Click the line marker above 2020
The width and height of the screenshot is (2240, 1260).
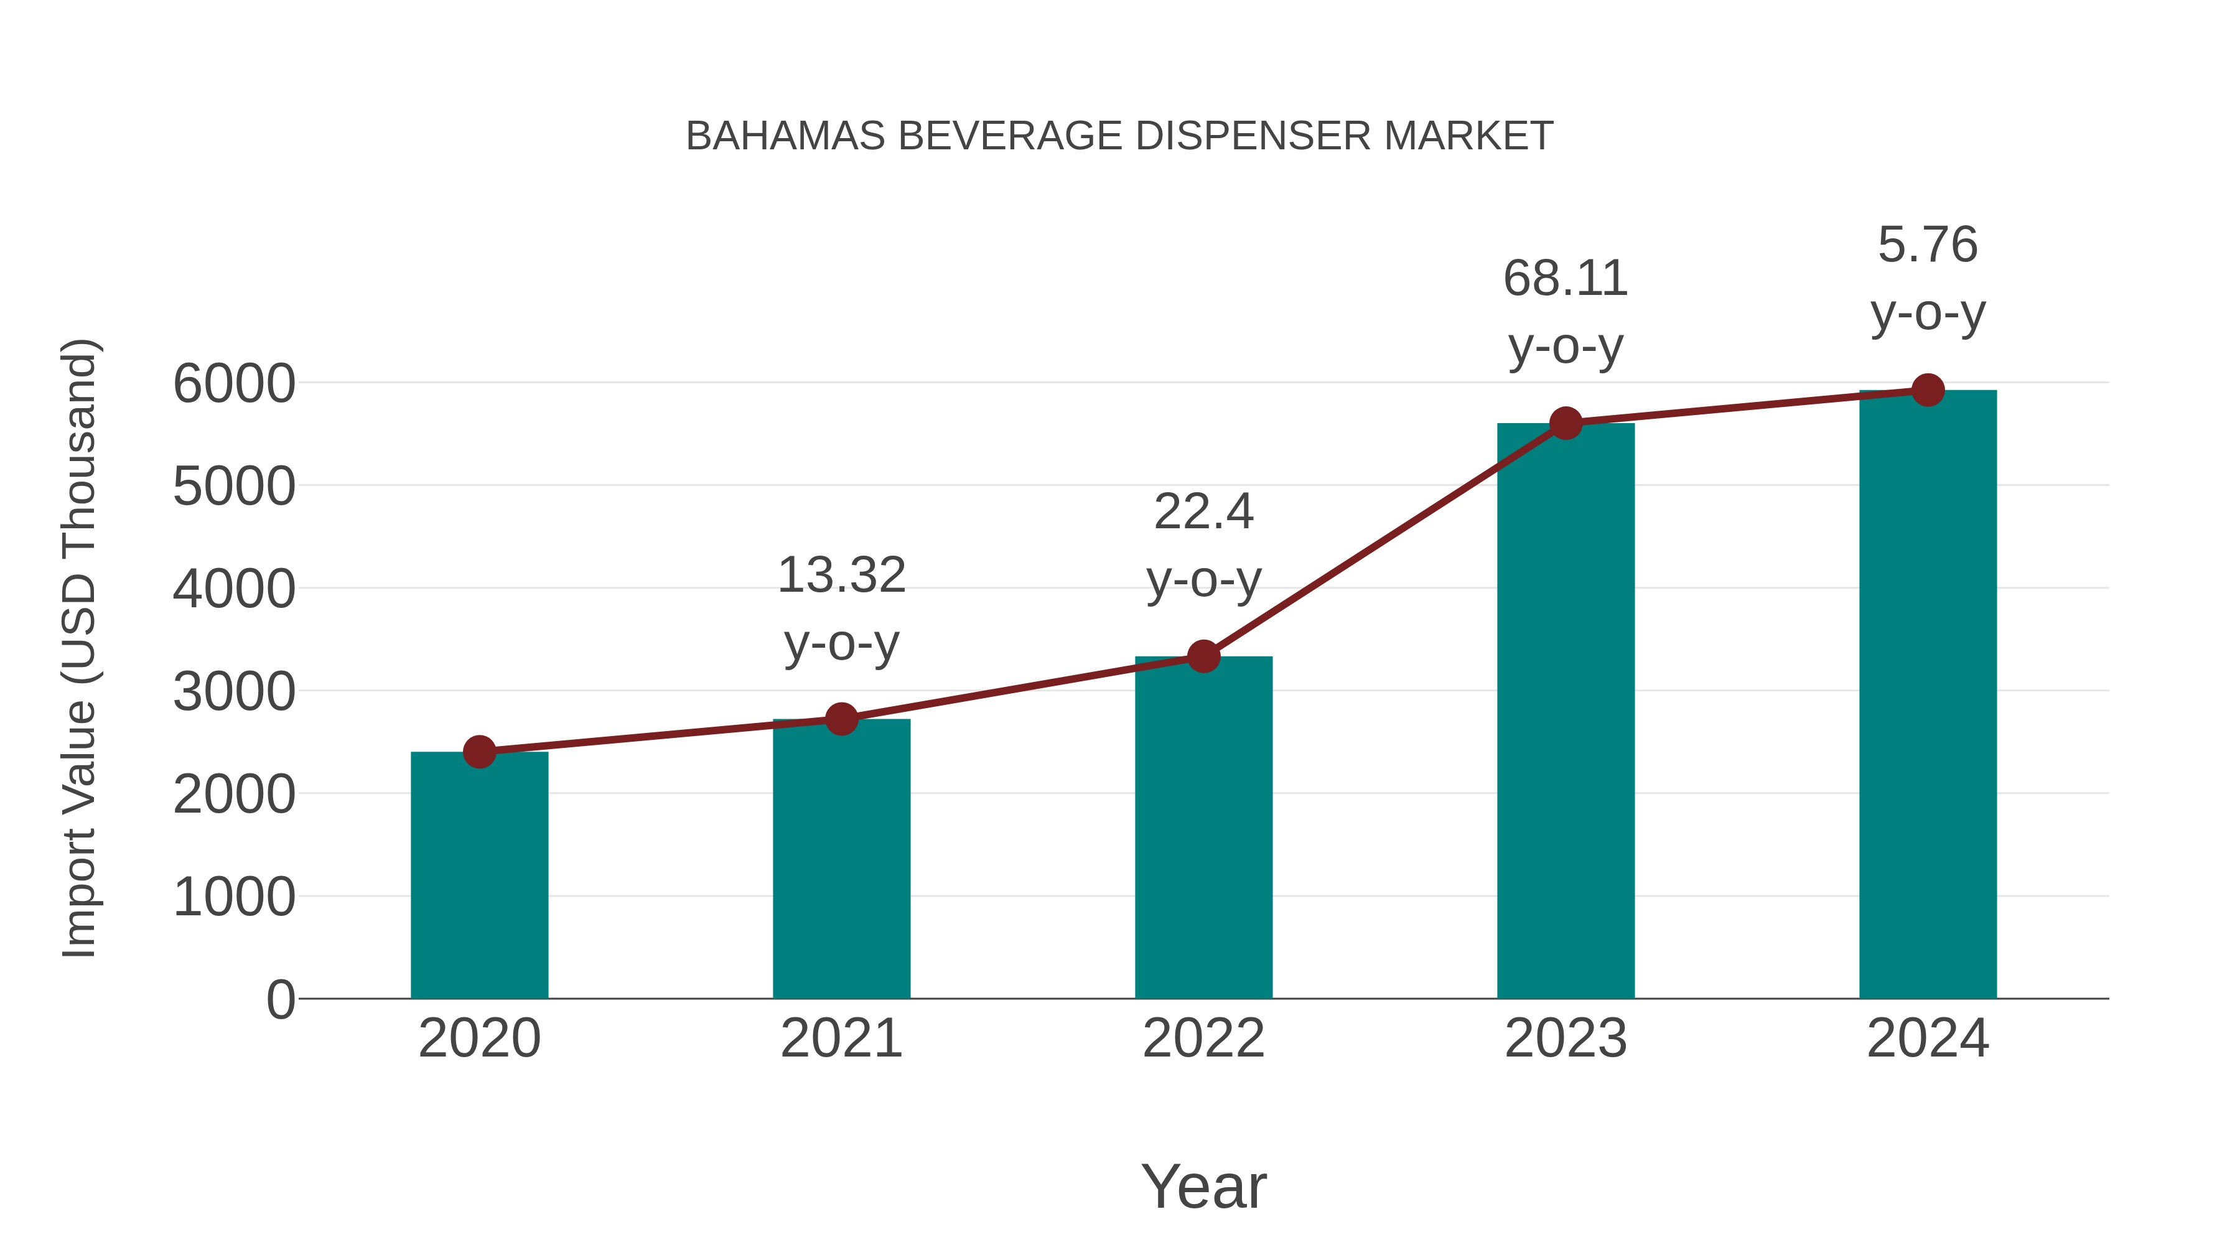(x=479, y=751)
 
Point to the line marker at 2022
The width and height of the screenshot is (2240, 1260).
(x=1203, y=656)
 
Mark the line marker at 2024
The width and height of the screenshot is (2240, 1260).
(x=1928, y=390)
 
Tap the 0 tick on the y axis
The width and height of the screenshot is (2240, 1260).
(x=280, y=1000)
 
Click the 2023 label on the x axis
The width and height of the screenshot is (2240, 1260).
(x=1566, y=1038)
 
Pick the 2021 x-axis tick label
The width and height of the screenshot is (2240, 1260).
(x=841, y=1038)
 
